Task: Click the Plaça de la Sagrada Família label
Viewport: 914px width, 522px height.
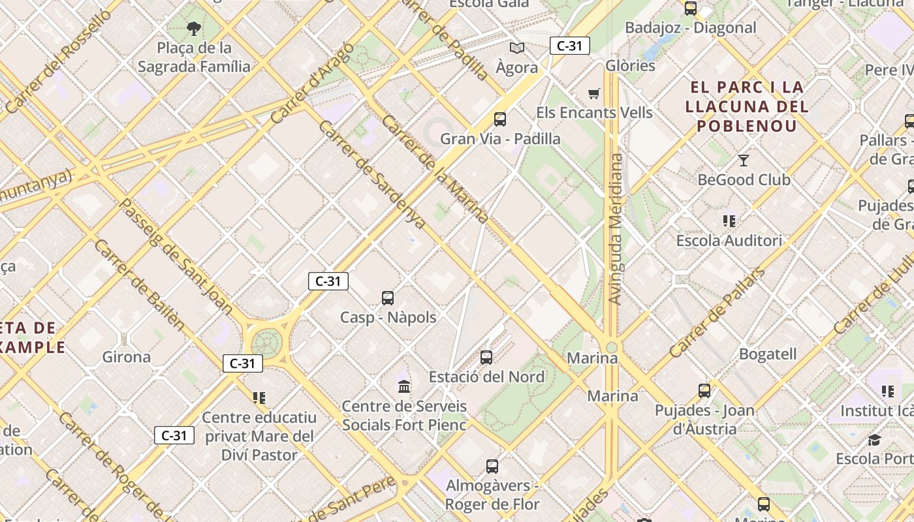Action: (x=194, y=57)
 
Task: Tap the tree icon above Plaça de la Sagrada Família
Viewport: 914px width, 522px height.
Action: (x=193, y=28)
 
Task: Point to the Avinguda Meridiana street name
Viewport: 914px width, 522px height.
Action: (x=614, y=228)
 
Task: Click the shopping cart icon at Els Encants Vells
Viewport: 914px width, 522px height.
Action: (x=593, y=94)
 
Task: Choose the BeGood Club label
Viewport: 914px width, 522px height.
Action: (x=744, y=179)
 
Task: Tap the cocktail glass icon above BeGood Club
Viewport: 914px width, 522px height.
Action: (x=743, y=160)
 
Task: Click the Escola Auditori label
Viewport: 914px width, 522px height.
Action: (x=729, y=240)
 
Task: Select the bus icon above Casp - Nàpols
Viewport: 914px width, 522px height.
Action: (x=388, y=298)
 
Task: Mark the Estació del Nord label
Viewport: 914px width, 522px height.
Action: (x=486, y=376)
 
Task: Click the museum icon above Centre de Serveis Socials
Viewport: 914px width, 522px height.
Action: (x=404, y=387)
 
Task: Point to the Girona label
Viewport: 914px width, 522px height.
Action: (x=127, y=357)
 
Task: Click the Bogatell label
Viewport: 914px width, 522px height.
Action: (x=768, y=354)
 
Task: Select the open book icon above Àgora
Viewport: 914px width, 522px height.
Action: (x=517, y=48)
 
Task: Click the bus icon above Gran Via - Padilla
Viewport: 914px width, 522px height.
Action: (x=500, y=119)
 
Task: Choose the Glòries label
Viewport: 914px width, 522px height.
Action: (x=630, y=66)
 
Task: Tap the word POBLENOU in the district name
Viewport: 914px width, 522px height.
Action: (x=746, y=126)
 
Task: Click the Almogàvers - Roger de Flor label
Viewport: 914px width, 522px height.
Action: (x=492, y=495)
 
